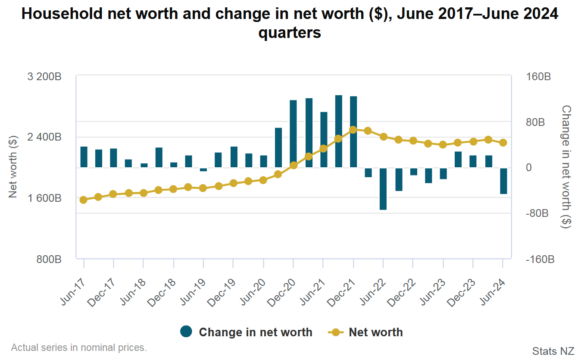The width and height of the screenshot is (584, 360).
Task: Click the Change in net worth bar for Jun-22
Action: tap(383, 188)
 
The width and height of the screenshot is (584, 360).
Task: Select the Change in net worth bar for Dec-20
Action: tap(293, 134)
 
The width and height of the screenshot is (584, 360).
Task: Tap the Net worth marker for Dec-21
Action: tap(353, 129)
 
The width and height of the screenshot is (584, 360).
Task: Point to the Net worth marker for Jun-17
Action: tap(84, 200)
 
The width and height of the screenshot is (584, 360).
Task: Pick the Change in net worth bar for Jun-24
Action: tap(503, 181)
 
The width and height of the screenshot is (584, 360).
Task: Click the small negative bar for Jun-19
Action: tap(203, 169)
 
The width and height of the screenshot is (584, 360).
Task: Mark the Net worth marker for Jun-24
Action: tap(503, 143)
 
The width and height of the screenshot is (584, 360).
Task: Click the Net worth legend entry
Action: tap(375, 332)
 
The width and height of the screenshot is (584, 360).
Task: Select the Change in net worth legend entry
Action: tap(255, 332)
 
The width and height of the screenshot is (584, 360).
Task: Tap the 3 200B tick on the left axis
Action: tap(44, 77)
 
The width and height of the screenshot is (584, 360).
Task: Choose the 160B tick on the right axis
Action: tap(539, 77)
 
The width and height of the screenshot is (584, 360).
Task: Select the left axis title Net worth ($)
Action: tap(13, 167)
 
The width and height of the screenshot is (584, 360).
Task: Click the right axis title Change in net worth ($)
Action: tap(566, 167)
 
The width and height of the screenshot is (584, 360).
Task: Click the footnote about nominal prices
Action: tap(79, 347)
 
